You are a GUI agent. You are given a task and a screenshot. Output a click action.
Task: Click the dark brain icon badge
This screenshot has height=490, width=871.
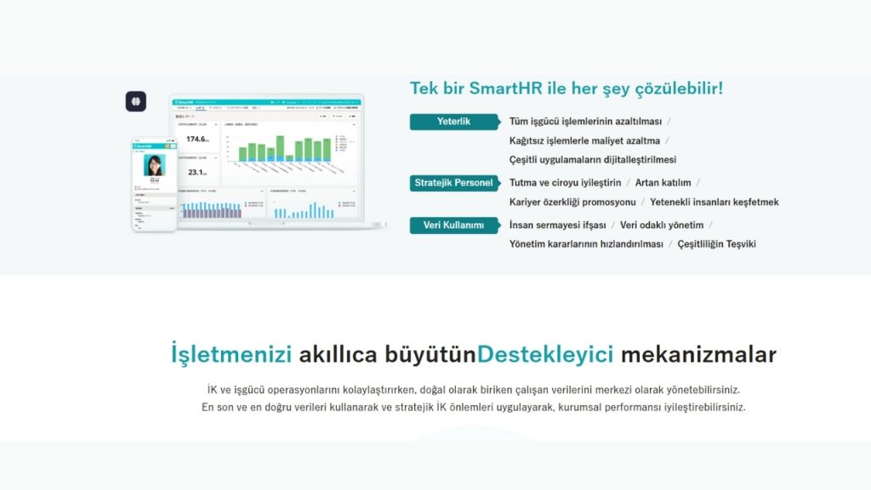click(135, 102)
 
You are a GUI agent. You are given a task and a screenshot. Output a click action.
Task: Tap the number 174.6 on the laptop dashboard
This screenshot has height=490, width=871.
click(197, 139)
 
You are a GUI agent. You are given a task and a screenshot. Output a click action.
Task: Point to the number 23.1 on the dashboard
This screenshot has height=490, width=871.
click(197, 172)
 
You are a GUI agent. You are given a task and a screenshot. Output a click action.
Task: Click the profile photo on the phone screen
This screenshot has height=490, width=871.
click(154, 165)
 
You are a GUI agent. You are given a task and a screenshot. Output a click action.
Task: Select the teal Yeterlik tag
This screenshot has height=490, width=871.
click(453, 122)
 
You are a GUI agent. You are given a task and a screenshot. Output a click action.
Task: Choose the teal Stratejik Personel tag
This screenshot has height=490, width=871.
click(453, 182)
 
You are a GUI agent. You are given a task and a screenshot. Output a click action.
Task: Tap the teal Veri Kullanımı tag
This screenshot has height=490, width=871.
click(453, 225)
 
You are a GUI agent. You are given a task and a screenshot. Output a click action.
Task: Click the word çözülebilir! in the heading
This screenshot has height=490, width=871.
click(675, 88)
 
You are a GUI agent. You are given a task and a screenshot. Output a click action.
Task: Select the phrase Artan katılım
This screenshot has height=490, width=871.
click(663, 183)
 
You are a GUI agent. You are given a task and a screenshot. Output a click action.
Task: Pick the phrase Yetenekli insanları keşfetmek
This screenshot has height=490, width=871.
click(714, 202)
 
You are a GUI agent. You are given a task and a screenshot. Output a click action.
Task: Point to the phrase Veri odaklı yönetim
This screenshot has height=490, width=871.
click(662, 225)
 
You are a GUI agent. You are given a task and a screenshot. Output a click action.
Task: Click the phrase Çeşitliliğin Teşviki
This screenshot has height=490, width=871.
click(716, 244)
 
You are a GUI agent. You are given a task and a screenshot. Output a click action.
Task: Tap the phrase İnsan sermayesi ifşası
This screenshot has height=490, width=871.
click(557, 225)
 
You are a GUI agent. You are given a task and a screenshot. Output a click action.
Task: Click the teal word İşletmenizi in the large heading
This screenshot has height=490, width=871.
click(231, 354)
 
